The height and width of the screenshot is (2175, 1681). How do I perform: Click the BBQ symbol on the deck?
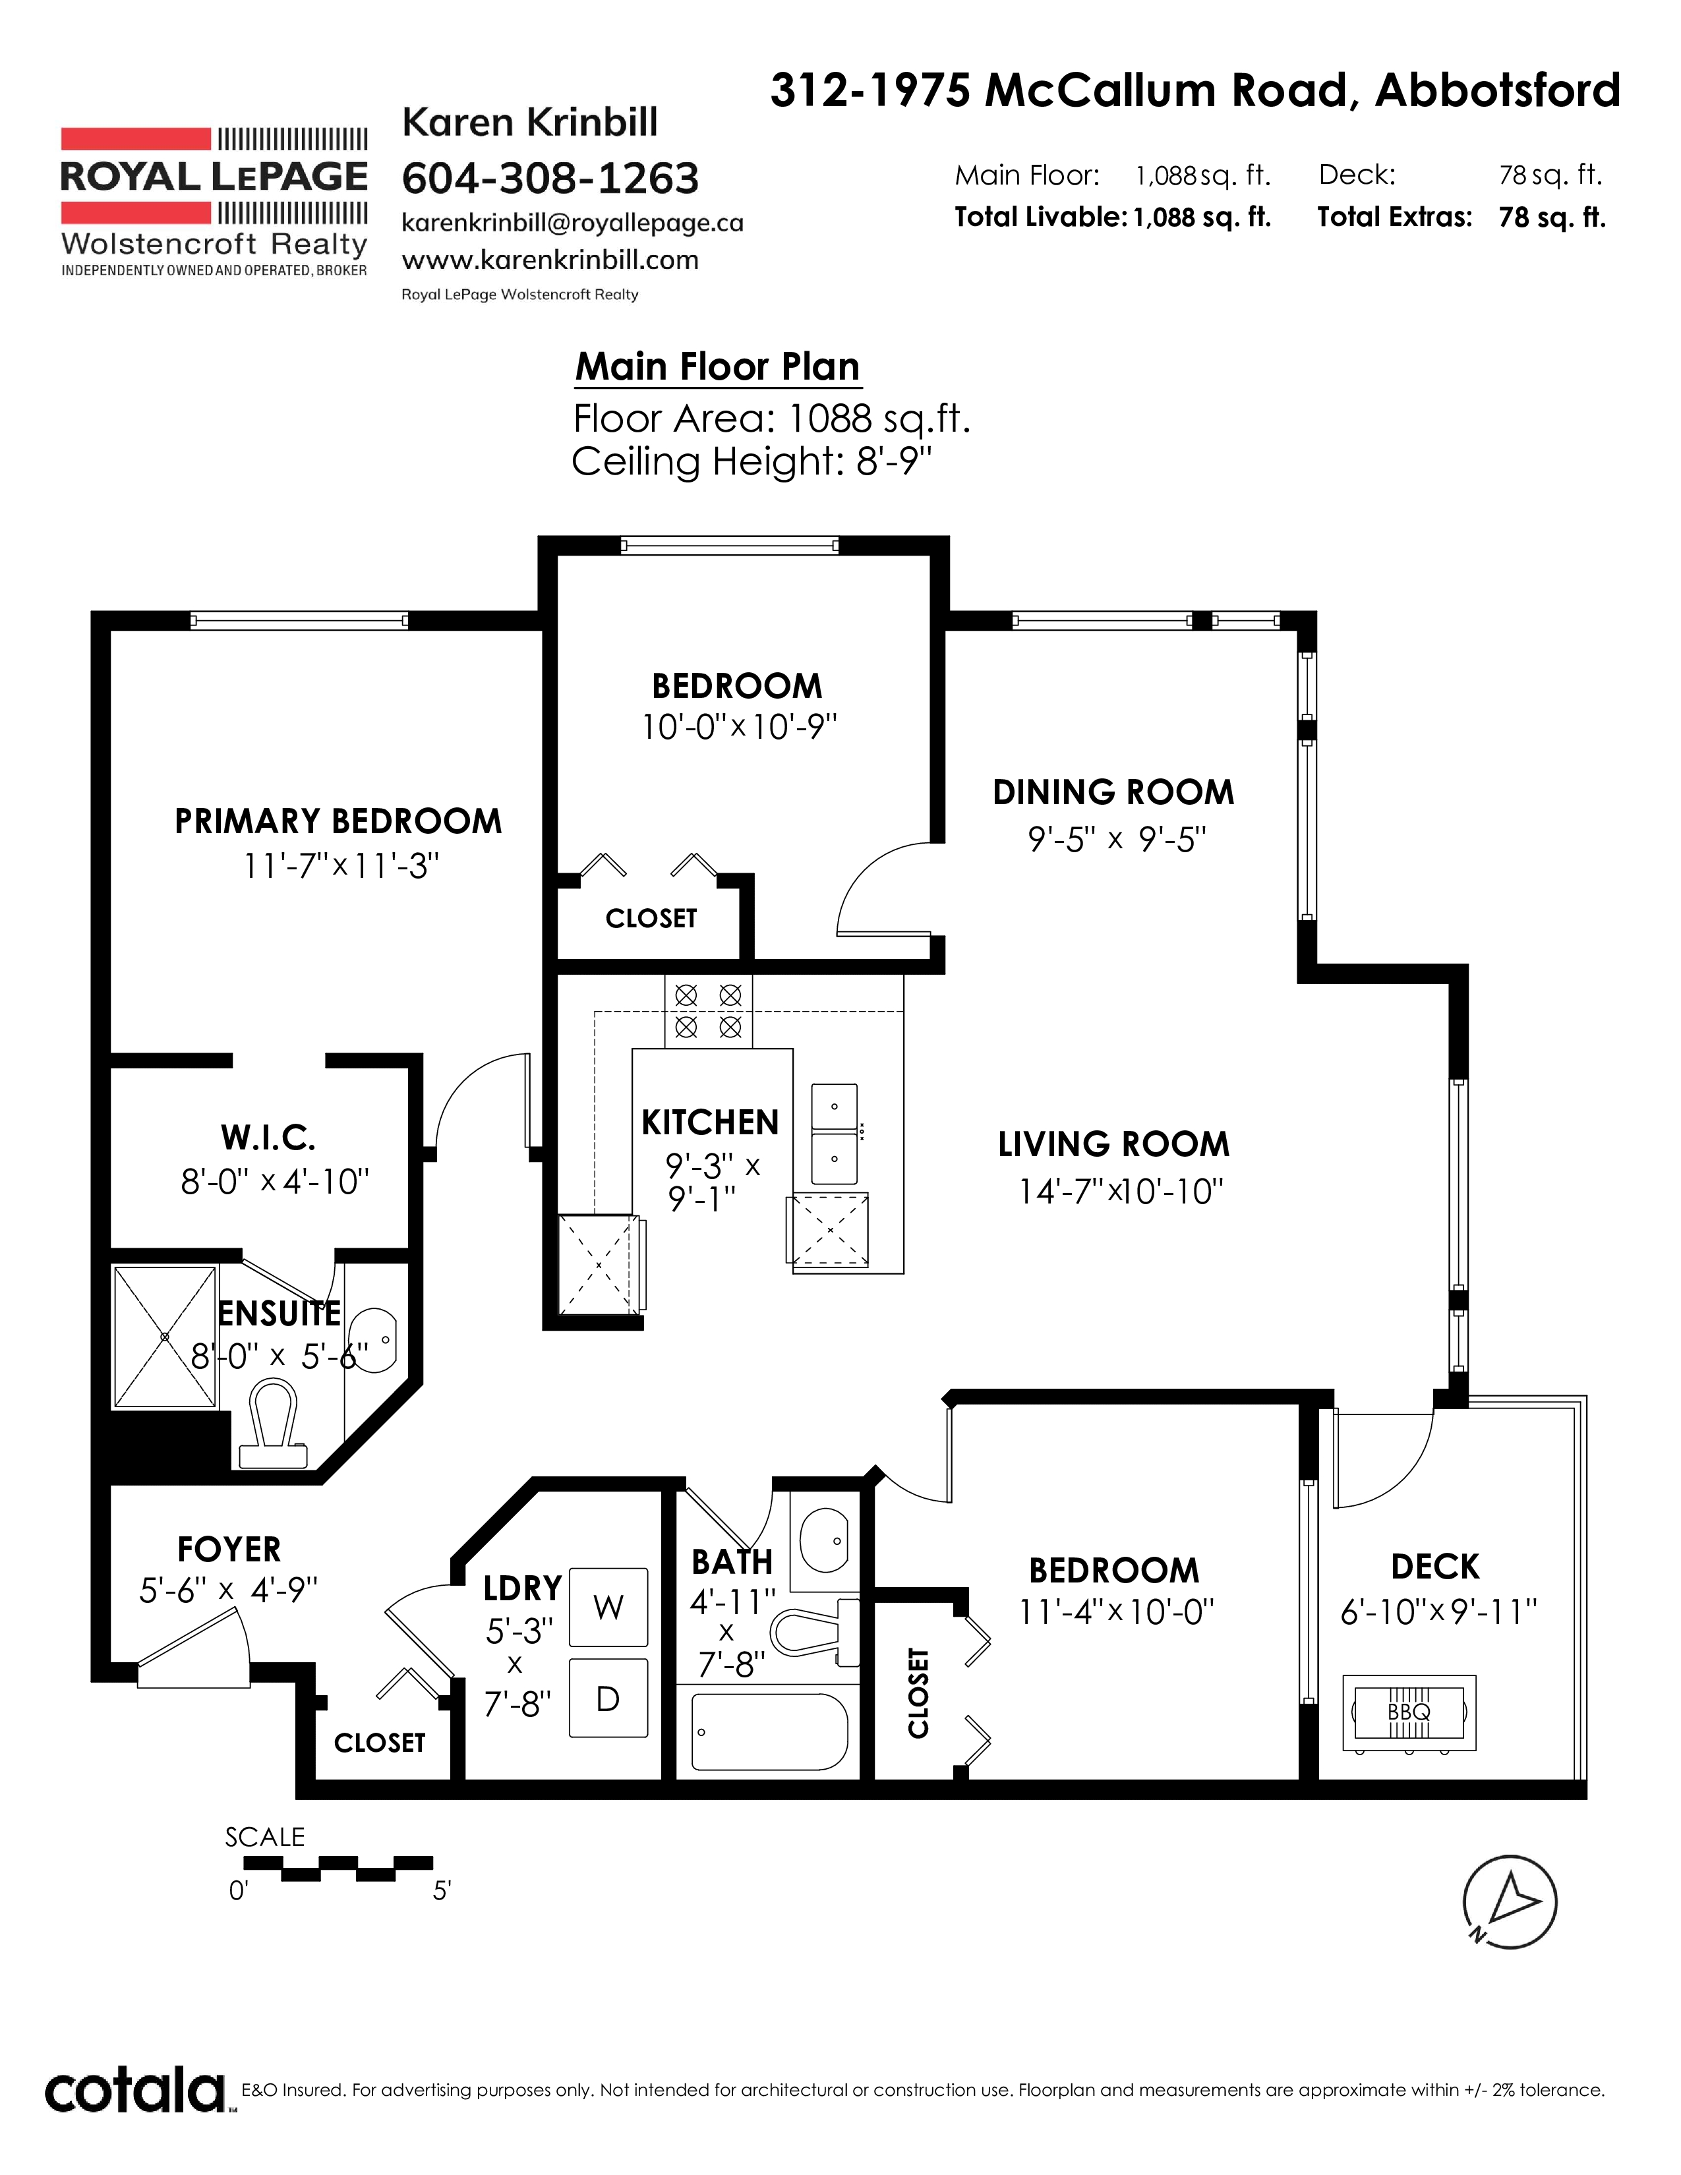1409,1712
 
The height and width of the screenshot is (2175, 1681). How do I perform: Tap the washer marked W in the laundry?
608,1606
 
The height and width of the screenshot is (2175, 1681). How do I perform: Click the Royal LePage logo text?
214,176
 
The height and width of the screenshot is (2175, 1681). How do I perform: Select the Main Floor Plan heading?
717,366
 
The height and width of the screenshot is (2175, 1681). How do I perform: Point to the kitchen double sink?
835,1134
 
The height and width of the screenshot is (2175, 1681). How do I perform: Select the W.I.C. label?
268,1136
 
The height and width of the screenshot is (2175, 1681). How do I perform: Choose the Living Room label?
1114,1144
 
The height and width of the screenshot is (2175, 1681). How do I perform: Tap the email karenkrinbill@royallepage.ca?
573,223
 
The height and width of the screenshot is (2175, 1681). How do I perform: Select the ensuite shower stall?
165,1337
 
